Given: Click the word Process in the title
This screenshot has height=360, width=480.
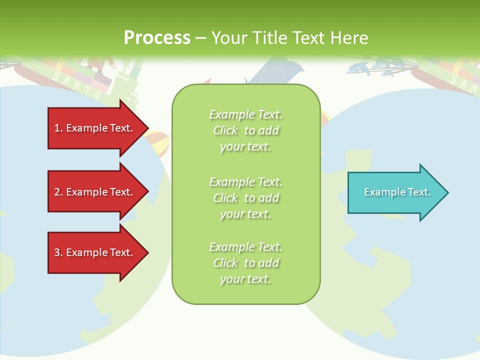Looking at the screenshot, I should (157, 38).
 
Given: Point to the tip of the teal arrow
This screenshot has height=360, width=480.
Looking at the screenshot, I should (446, 192).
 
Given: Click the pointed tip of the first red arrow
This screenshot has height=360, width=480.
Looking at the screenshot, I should (147, 128).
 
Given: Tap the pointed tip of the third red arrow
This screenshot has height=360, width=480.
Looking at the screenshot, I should (147, 252).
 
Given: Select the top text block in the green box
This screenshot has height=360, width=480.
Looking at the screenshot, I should (245, 130).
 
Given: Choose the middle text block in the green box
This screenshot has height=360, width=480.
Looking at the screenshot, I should (245, 198).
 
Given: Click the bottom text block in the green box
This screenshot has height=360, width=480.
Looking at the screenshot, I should (245, 263).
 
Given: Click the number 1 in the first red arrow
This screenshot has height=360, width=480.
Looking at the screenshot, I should (56, 128).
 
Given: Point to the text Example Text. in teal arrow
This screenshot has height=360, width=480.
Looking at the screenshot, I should (397, 192).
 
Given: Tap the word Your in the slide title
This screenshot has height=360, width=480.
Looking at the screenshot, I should (229, 38).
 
